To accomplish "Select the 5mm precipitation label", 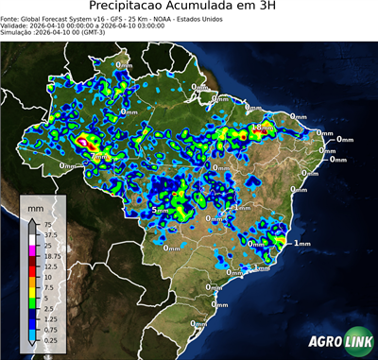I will coord(161,210).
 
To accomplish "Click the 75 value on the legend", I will coord(46,223).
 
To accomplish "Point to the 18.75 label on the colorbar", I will coord(51,256).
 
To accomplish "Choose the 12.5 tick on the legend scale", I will coord(49,266).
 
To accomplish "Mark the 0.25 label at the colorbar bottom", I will coord(49,339).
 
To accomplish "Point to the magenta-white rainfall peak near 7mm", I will coord(83,143).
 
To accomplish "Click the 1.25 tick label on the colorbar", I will coord(49,318).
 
